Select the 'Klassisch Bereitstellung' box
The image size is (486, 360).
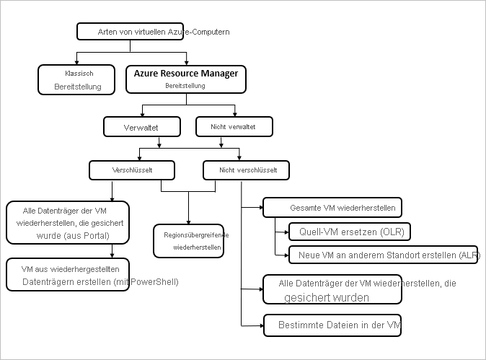click(x=78, y=80)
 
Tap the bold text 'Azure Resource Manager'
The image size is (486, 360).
click(x=186, y=74)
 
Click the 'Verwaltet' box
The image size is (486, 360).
click(x=141, y=127)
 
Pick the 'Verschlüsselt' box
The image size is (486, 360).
click(x=131, y=170)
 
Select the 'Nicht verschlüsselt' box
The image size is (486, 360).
click(x=246, y=170)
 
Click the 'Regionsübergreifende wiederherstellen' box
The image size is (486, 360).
click(x=188, y=240)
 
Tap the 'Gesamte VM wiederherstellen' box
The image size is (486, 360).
click(x=331, y=208)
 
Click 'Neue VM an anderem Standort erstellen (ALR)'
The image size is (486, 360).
click(x=382, y=255)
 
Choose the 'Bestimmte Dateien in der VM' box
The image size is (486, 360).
click(x=332, y=326)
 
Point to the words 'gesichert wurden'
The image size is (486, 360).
click(x=327, y=297)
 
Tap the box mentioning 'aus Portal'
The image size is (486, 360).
click(x=68, y=223)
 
